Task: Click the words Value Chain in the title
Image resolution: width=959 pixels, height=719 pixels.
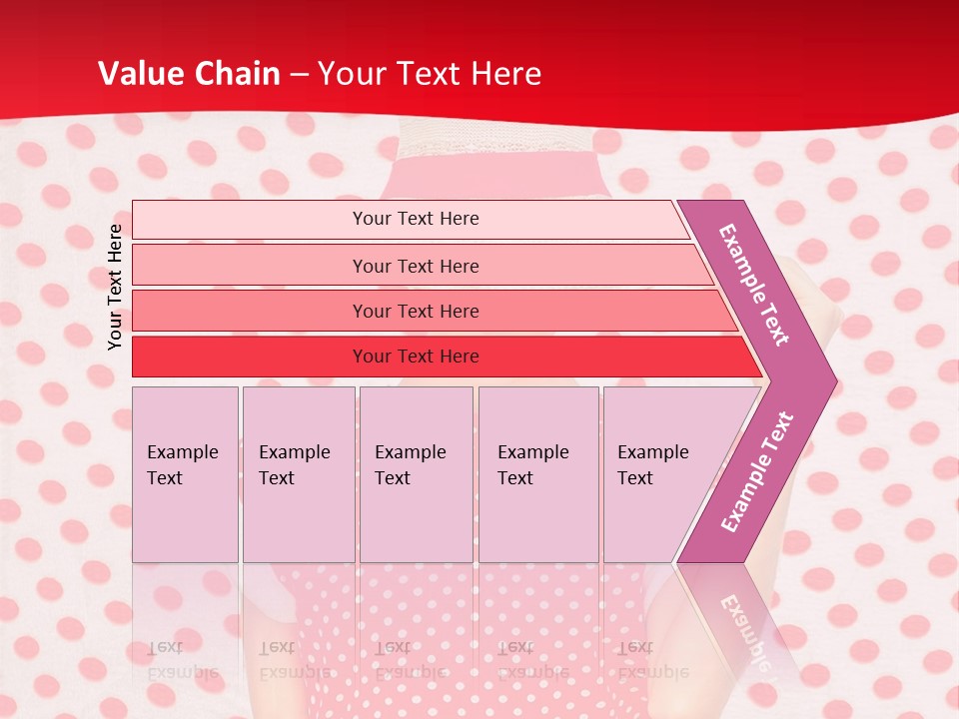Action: click(189, 74)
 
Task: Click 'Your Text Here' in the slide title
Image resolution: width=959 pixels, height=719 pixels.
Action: click(429, 74)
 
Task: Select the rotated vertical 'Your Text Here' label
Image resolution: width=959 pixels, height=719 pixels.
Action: click(115, 287)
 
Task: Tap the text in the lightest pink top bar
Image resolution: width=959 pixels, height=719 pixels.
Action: click(416, 219)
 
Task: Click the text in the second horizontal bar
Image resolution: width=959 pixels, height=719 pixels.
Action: click(416, 266)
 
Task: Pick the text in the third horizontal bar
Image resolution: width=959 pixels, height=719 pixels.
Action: click(416, 312)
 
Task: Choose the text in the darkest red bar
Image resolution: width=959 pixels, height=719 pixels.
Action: click(416, 357)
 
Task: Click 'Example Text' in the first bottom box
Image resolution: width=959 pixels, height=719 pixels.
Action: click(182, 465)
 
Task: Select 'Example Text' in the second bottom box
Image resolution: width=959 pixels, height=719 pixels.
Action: click(294, 465)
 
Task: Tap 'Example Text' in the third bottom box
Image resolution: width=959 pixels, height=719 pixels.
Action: click(410, 465)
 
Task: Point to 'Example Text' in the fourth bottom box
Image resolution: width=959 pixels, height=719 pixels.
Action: click(532, 465)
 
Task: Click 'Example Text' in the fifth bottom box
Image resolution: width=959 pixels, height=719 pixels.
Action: click(652, 465)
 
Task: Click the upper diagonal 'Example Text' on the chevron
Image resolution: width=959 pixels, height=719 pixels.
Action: click(754, 285)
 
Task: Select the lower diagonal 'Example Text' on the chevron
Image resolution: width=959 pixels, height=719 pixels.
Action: click(757, 472)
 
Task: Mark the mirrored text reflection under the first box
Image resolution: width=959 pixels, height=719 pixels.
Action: click(182, 660)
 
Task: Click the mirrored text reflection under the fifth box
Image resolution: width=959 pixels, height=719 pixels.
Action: click(652, 660)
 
